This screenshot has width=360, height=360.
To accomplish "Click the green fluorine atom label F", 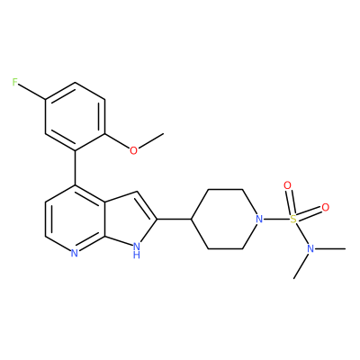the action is [14, 82].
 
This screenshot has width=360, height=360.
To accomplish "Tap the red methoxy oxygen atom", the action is [133, 150].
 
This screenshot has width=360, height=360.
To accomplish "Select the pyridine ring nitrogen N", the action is [75, 254].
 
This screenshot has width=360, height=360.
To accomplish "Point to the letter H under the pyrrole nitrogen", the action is [137, 256].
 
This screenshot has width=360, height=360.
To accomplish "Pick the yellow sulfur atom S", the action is [293, 219].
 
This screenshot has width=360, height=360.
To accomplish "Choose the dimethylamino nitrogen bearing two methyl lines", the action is [310, 248].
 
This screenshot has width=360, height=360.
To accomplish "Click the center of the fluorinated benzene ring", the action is [75, 116].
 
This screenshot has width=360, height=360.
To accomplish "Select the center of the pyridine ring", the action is [75, 219].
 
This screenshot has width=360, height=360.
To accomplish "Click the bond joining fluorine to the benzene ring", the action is [31, 91].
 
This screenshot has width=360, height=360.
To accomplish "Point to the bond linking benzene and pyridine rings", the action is [75, 167].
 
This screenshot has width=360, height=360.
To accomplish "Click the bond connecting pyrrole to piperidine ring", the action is [174, 219].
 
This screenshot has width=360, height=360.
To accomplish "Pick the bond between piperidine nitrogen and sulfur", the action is [277, 219].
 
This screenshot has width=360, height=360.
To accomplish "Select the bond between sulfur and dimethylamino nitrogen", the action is [302, 234].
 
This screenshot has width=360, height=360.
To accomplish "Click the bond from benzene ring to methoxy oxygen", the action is [117, 141].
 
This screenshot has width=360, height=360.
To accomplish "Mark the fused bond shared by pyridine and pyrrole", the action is [104, 219].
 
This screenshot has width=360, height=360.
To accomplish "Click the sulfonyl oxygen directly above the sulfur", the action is [287, 185].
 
